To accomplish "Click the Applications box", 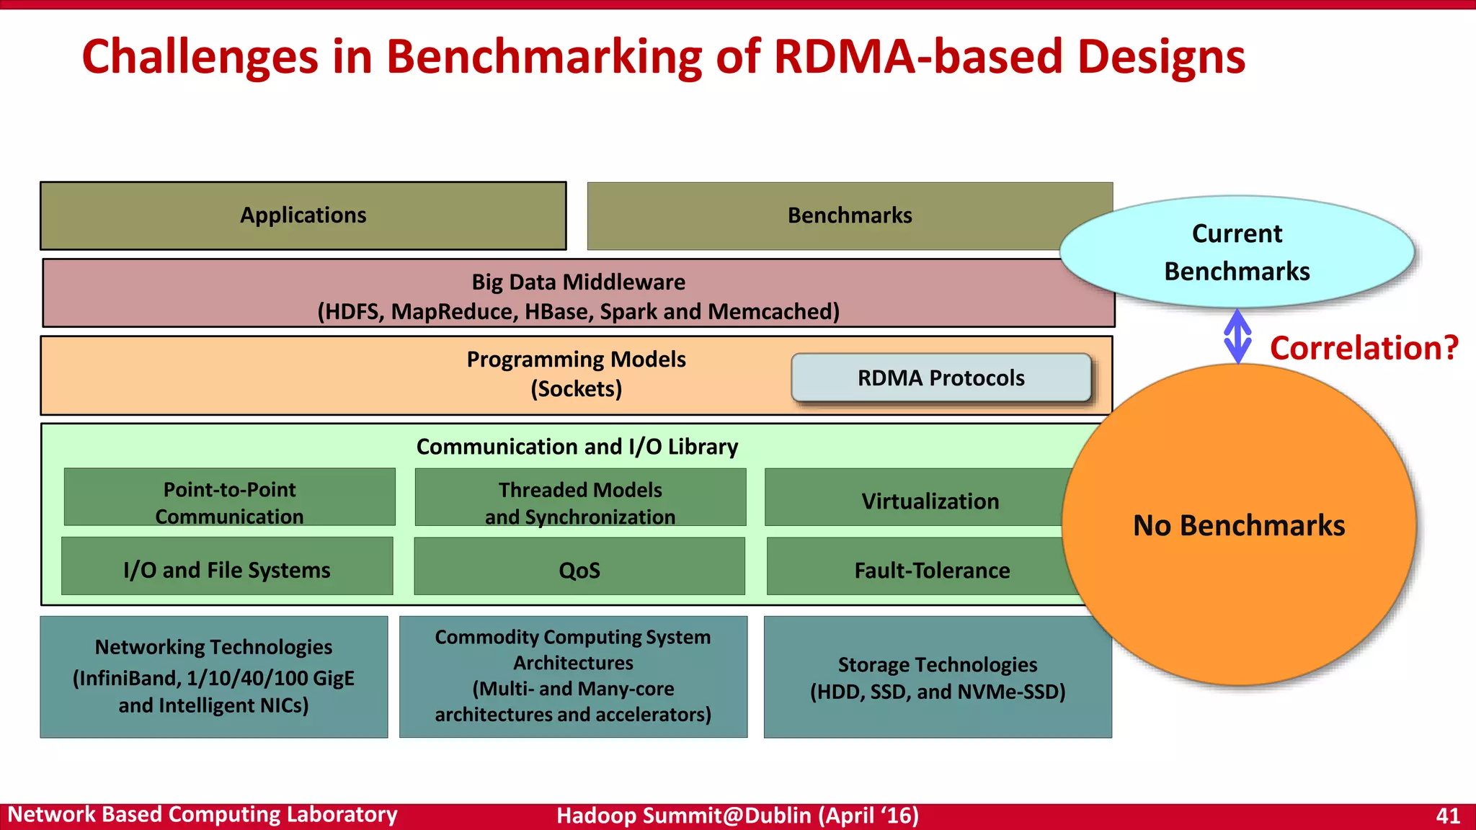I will pos(303,215).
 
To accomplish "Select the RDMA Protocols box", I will pos(941,378).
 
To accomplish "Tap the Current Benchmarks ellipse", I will pos(1237,252).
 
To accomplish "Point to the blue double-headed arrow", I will pos(1237,336).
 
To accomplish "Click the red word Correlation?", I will pos(1364,348).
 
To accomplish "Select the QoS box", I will pos(579,569).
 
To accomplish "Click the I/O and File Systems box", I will pos(227,569).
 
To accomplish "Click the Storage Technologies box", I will pos(937,677).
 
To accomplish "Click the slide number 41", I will pos(1447,816).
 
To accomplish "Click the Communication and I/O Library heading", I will pos(577,447).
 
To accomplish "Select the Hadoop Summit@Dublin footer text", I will pos(737,816).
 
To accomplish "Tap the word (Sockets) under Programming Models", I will pos(576,389).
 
